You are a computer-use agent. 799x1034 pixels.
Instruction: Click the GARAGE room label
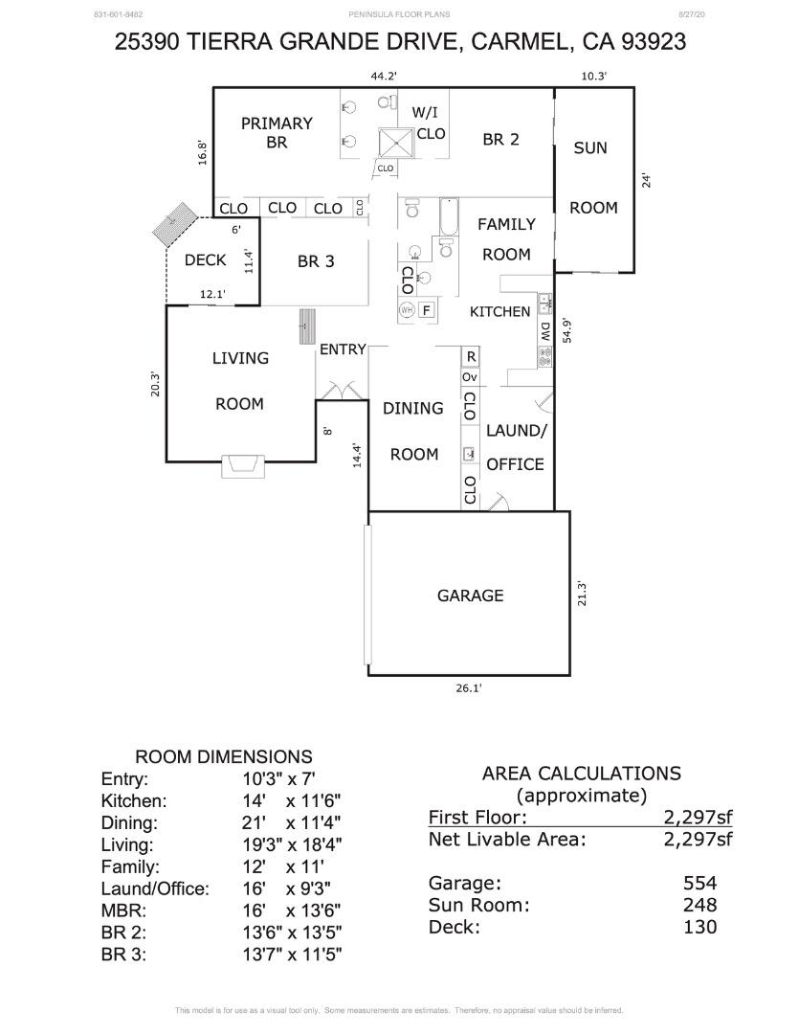(470, 596)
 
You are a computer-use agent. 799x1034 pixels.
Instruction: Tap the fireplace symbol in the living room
(243, 466)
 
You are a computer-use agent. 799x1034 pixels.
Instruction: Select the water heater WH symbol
(407, 309)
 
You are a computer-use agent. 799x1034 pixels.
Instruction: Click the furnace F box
(426, 309)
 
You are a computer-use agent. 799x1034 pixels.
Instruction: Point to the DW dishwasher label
(544, 332)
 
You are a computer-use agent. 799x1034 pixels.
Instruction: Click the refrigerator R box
(470, 356)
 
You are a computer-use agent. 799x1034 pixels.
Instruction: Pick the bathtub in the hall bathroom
(449, 217)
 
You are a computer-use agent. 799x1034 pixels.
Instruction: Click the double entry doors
(342, 391)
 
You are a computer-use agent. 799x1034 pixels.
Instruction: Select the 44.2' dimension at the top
(384, 76)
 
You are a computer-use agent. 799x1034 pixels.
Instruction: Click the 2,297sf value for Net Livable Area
(698, 840)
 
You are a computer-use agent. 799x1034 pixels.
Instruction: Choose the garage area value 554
(699, 883)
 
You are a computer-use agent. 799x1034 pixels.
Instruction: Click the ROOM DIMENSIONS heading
(223, 756)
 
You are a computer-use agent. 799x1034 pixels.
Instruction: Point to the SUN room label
(590, 148)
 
